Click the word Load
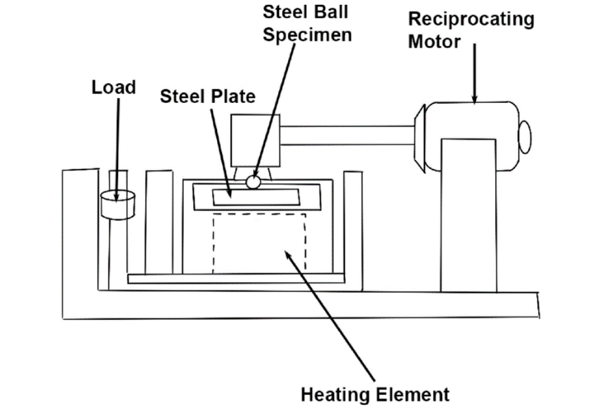(113, 87)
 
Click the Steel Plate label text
(207, 96)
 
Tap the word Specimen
(307, 35)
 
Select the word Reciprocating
(471, 19)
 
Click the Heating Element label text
(375, 395)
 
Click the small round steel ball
(253, 182)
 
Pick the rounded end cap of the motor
(525, 137)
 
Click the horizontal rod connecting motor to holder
(347, 135)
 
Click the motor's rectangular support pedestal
(468, 213)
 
